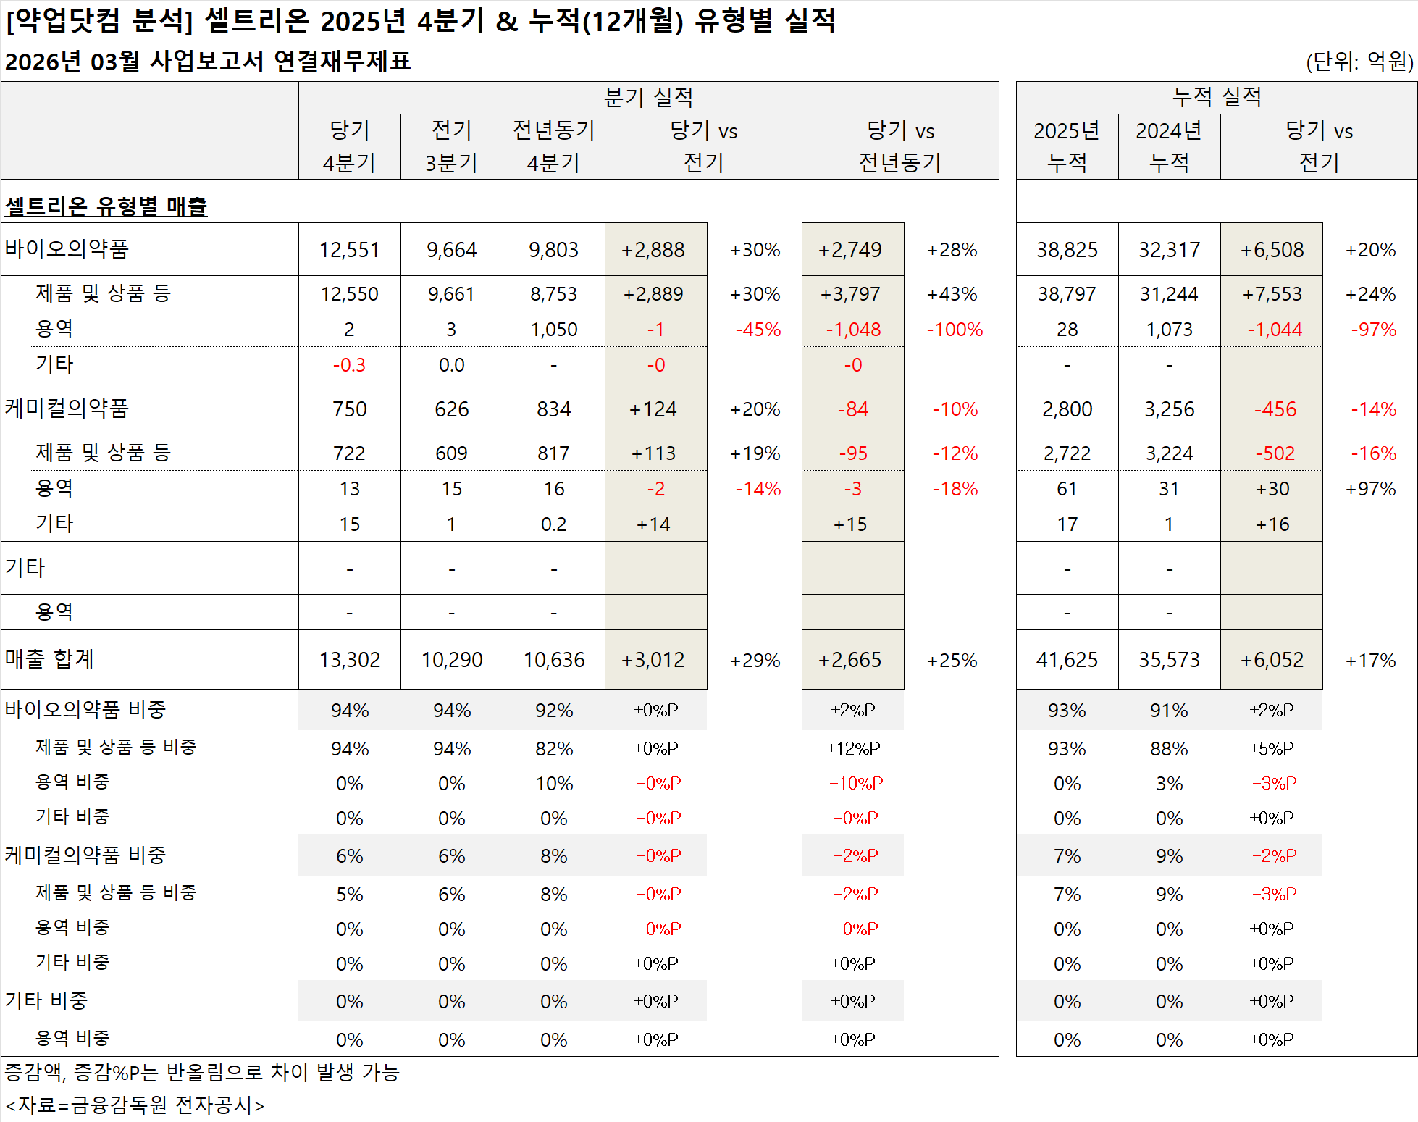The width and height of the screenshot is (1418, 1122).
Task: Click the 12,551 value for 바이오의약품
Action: point(349,250)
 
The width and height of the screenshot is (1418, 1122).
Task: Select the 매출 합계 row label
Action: point(49,659)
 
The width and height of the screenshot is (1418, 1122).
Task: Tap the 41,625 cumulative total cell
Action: point(1067,660)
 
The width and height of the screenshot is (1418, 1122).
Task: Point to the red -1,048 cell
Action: point(853,330)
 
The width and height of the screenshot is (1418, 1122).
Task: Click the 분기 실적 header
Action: point(648,97)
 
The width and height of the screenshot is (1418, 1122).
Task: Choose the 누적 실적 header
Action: point(1217,97)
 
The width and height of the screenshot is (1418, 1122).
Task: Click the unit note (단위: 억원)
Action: point(1359,62)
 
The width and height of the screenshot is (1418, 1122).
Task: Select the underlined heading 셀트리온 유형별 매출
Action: point(106,206)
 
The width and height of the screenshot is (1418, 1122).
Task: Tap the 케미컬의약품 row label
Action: point(67,409)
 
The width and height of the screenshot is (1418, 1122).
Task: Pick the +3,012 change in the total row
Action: point(653,660)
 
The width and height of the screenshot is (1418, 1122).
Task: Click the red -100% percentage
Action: point(955,330)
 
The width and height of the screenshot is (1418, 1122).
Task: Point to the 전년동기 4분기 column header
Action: point(553,146)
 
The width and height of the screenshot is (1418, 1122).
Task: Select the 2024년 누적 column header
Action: point(1169,146)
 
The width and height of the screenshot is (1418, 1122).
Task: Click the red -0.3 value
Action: point(349,365)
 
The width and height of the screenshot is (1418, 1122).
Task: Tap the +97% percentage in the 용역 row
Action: point(1370,489)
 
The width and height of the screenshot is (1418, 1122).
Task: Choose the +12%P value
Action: point(853,748)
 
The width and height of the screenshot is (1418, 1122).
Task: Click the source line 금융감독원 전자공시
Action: point(135,1105)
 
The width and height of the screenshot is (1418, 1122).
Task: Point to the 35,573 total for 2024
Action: point(1169,660)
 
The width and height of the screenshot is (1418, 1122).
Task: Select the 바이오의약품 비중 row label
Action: point(85,710)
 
